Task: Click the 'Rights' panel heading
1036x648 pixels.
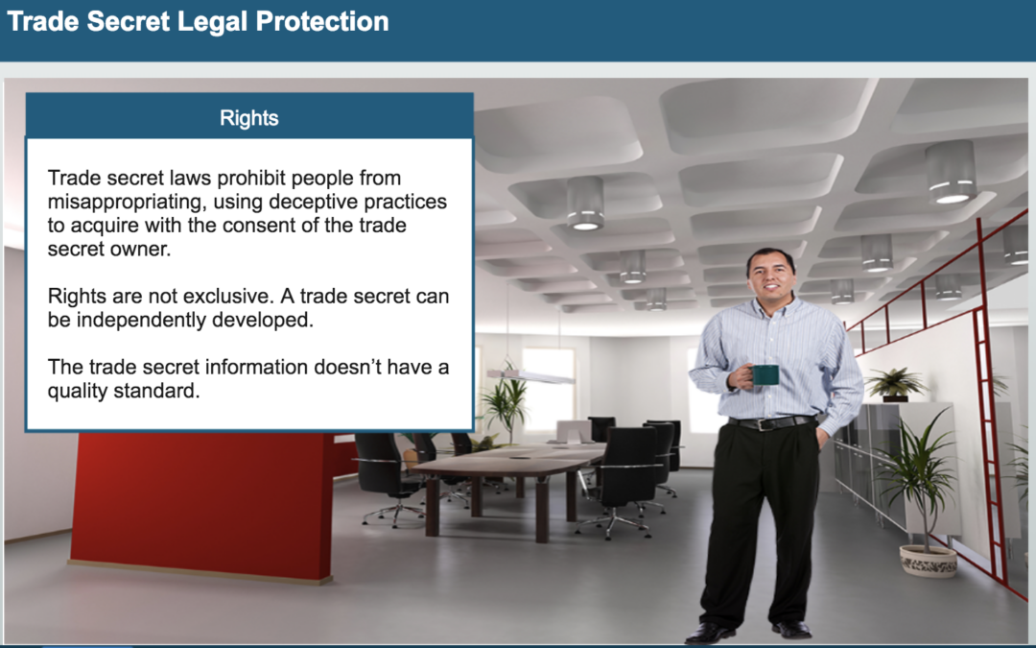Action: coord(249,118)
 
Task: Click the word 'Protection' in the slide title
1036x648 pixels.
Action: coord(322,22)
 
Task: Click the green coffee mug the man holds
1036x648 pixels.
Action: coord(764,375)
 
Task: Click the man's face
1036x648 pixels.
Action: coord(770,277)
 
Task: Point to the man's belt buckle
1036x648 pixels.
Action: coord(765,424)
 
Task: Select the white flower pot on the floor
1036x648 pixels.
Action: coord(929,561)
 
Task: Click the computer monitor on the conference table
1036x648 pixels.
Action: coord(574,432)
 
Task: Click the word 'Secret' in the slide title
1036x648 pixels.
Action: coord(129,22)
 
